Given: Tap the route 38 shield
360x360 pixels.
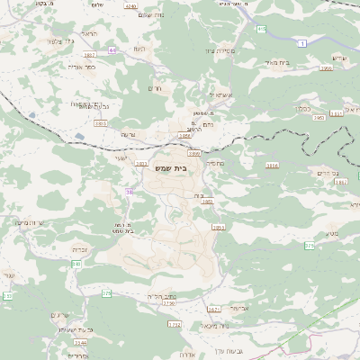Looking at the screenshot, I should pos(130,192).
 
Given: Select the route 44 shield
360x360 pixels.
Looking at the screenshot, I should pos(112,50).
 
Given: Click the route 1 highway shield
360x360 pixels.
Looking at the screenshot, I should pos(303,43).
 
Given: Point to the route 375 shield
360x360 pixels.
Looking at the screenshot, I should pos(309,245).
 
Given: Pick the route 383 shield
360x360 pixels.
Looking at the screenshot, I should pos(76,264).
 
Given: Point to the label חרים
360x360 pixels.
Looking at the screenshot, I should pos(152,88).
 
